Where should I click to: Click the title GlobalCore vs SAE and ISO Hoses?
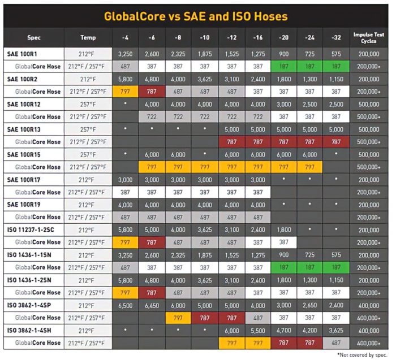[196, 16]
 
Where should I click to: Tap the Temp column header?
[88, 38]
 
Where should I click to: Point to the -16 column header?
[258, 38]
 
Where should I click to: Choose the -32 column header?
[337, 38]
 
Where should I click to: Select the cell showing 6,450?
[152, 304]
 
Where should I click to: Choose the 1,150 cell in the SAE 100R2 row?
[337, 80]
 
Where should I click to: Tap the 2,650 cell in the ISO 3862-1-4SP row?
[311, 304]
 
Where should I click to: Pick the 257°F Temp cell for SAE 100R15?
[88, 154]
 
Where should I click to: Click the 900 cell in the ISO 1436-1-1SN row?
[284, 254]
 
